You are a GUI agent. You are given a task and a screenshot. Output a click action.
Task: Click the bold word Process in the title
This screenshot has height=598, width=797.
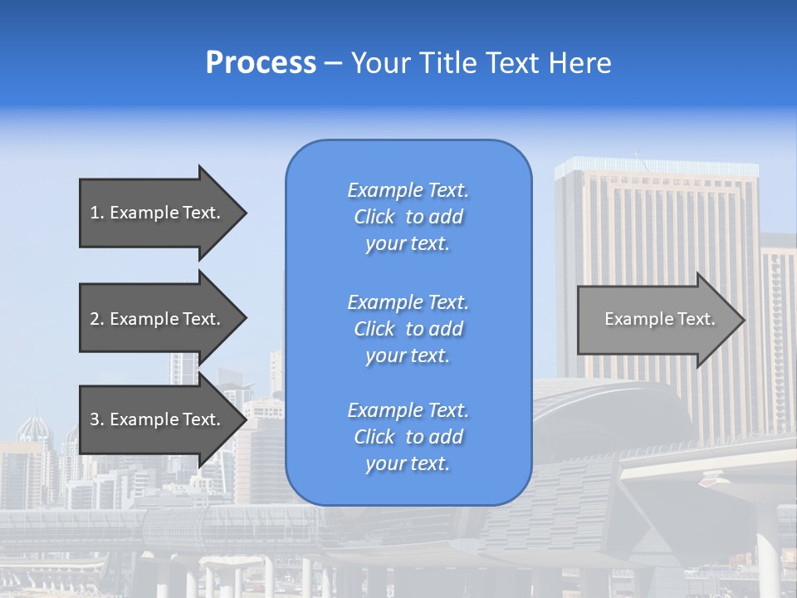tap(261, 63)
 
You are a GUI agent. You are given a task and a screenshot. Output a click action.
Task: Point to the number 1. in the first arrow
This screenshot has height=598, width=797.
tap(97, 213)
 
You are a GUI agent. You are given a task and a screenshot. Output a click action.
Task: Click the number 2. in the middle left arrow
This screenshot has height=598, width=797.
tap(97, 319)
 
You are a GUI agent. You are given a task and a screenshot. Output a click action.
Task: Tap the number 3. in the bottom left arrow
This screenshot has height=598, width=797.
tap(97, 420)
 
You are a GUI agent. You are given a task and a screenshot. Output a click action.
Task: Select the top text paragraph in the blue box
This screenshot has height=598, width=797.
tap(408, 217)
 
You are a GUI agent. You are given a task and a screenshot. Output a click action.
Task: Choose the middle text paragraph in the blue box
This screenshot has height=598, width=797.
tap(408, 329)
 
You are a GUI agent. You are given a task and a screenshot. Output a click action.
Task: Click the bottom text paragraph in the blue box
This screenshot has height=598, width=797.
tap(408, 437)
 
